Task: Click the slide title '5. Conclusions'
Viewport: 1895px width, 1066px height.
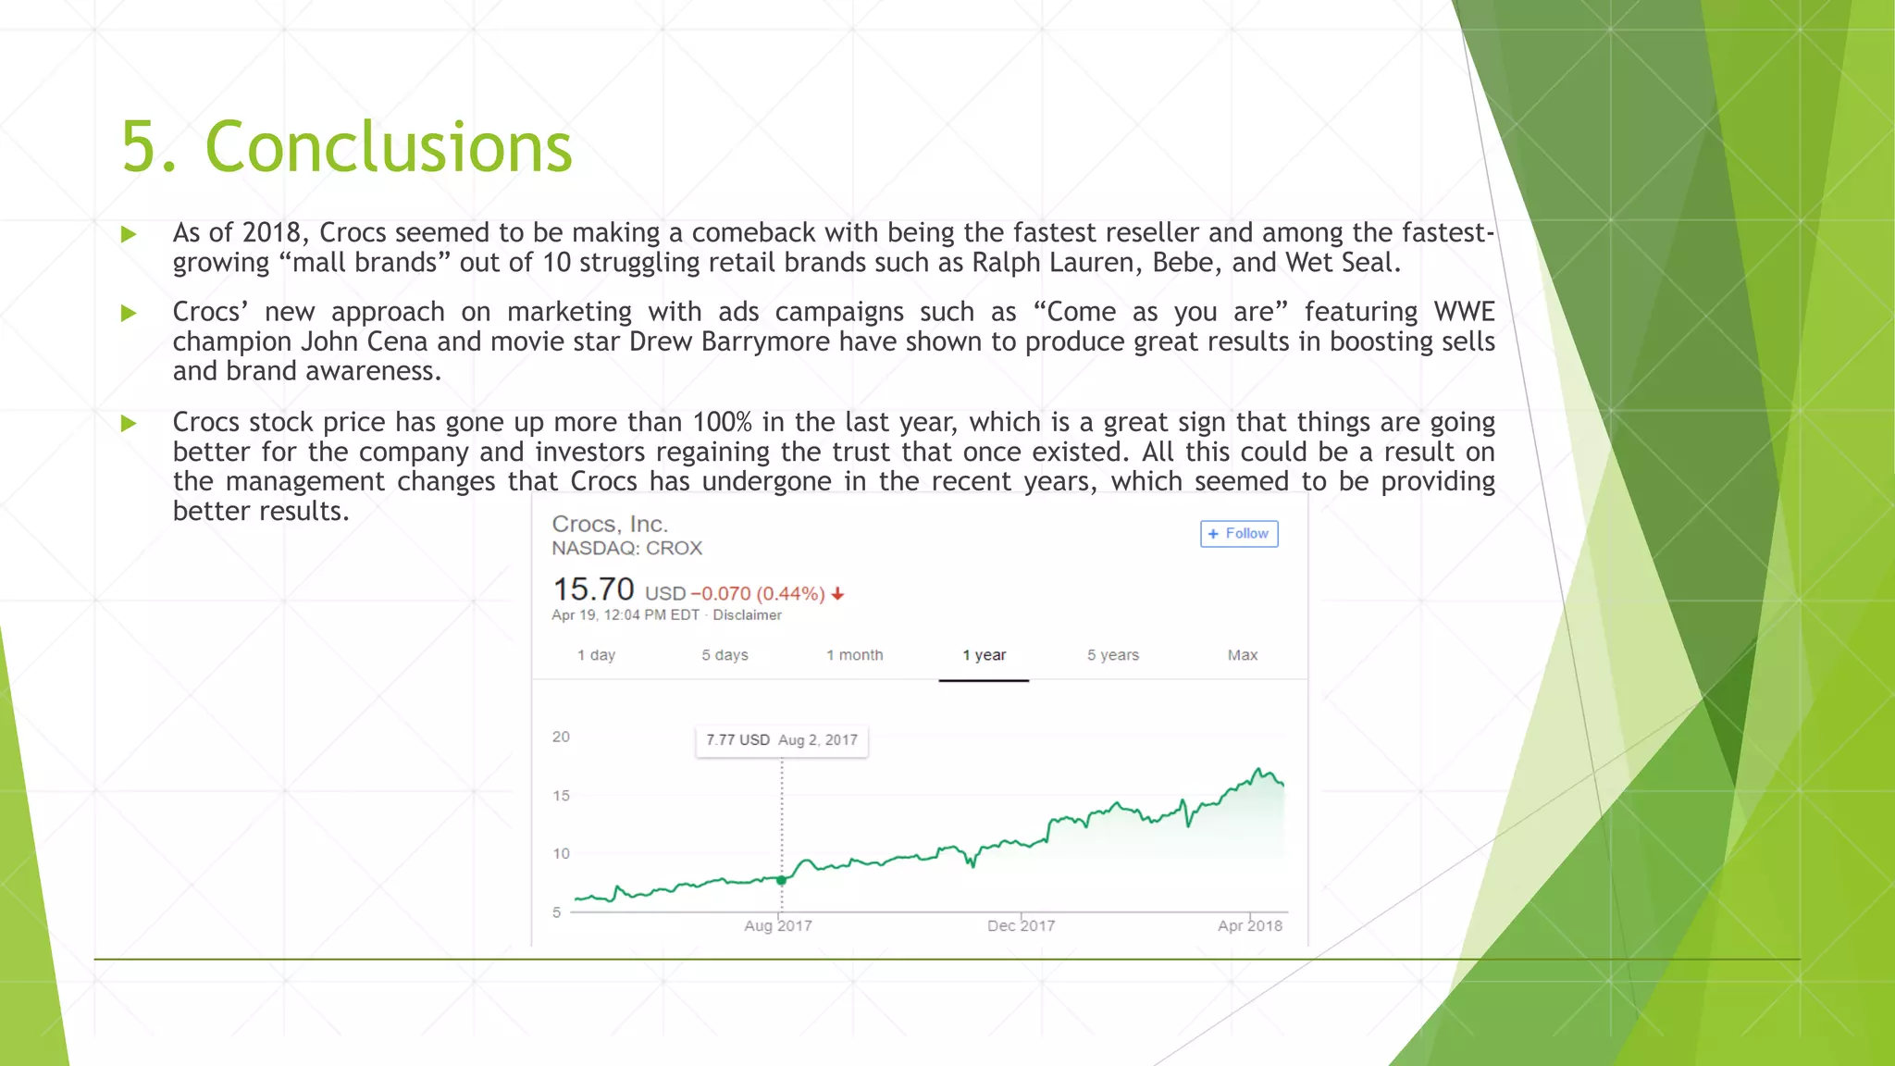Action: click(347, 147)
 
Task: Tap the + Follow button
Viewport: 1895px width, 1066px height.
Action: click(1239, 534)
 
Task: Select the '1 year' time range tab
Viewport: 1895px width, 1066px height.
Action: click(984, 655)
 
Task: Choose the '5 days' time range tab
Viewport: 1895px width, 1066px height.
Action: click(725, 655)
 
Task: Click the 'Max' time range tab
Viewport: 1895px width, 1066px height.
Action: click(1242, 655)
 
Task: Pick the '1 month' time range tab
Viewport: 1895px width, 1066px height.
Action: click(854, 655)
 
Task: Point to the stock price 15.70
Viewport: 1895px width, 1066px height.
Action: click(593, 589)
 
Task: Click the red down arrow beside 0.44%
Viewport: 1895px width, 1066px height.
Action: click(837, 594)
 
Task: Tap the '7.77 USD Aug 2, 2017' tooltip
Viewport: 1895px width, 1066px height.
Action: click(782, 740)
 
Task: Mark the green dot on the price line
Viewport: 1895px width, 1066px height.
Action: click(782, 880)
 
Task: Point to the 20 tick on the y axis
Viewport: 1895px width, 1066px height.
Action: click(561, 737)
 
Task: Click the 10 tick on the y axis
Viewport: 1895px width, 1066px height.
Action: click(561, 853)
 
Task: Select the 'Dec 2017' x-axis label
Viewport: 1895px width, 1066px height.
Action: click(1021, 925)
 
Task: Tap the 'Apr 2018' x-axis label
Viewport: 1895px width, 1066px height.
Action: click(1249, 925)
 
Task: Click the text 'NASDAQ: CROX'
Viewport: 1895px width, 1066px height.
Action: click(626, 548)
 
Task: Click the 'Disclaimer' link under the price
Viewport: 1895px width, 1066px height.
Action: click(747, 615)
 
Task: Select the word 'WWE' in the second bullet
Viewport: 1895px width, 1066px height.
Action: click(1464, 312)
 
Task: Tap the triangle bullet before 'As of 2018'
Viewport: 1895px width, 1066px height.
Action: click(129, 234)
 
